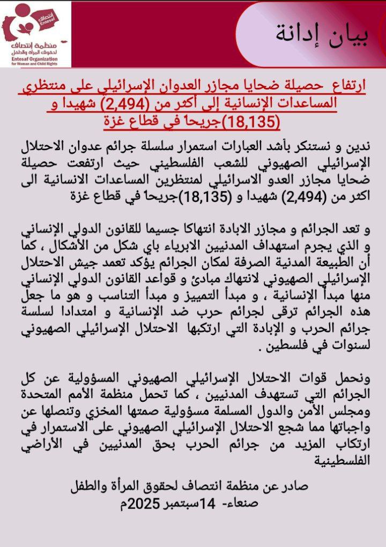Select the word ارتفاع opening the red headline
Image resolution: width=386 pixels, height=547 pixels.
(346, 86)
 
